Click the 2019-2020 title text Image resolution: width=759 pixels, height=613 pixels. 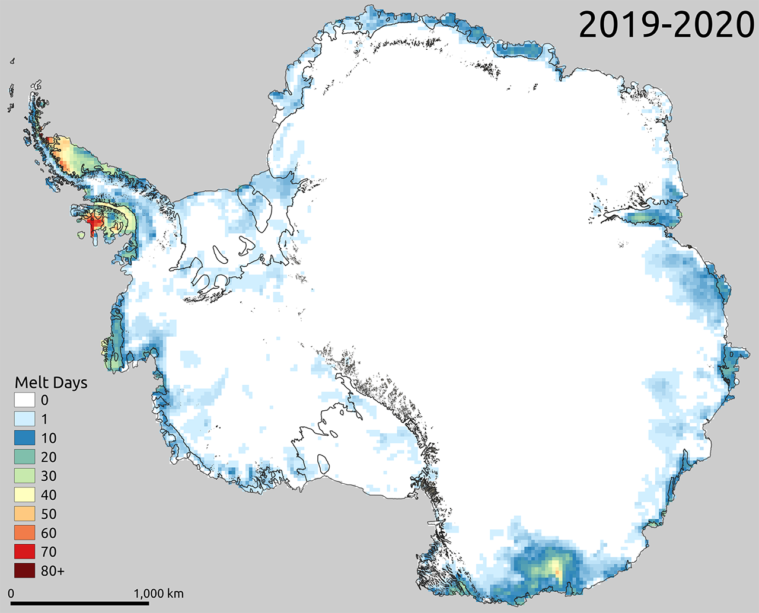pyautogui.click(x=666, y=25)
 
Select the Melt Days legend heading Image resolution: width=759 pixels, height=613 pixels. pyautogui.click(x=51, y=382)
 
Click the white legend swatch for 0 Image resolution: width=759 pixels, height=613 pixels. pyautogui.click(x=24, y=400)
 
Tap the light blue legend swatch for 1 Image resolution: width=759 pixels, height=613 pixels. pyautogui.click(x=24, y=419)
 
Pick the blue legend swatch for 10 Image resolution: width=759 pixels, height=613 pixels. pyautogui.click(x=24, y=438)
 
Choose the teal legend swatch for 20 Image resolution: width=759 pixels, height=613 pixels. pyautogui.click(x=24, y=457)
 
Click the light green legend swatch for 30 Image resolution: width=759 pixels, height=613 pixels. pyautogui.click(x=24, y=476)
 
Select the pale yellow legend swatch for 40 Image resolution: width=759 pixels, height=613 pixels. pyautogui.click(x=24, y=495)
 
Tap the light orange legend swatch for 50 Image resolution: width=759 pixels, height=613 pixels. pyautogui.click(x=24, y=514)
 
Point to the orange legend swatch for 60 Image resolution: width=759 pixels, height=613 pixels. pyautogui.click(x=24, y=533)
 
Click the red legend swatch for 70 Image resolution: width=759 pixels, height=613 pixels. pyautogui.click(x=24, y=552)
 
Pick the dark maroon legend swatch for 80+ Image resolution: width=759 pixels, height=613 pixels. pyautogui.click(x=24, y=571)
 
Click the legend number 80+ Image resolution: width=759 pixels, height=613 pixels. pyautogui.click(x=53, y=571)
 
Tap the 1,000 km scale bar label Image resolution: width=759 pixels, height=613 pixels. pyautogui.click(x=158, y=593)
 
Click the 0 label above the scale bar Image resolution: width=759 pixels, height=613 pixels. pyautogui.click(x=11, y=593)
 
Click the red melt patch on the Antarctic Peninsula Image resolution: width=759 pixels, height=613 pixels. pyautogui.click(x=93, y=223)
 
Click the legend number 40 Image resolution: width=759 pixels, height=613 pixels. pyautogui.click(x=49, y=495)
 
